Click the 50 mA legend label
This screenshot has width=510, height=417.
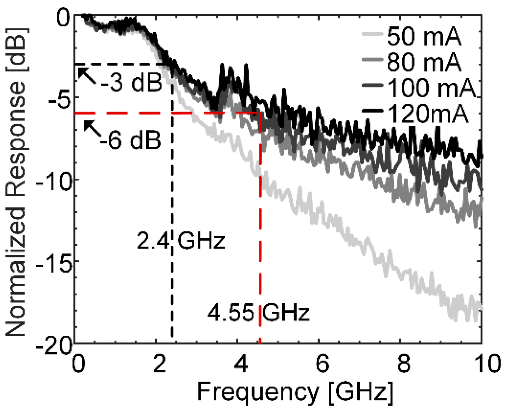click(x=424, y=36)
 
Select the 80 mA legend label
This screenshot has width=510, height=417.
click(x=424, y=62)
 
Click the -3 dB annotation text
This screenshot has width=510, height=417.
click(x=131, y=82)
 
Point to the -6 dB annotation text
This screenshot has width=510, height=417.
click(x=131, y=140)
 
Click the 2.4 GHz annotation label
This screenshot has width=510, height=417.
click(x=181, y=241)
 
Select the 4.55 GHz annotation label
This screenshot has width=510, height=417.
click(x=258, y=312)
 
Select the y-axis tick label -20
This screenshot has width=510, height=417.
click(x=54, y=346)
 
